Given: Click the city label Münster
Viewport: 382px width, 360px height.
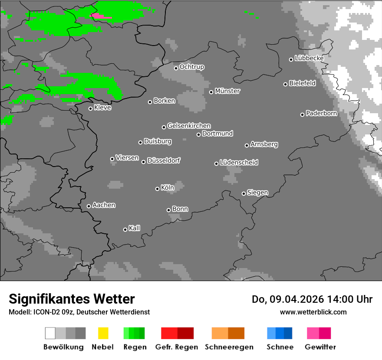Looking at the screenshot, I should point(227,91).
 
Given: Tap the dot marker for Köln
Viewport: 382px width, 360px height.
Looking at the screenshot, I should point(157,189).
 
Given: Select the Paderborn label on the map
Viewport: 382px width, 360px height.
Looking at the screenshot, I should point(322,114).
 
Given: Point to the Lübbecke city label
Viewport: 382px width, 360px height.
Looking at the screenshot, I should point(310,58).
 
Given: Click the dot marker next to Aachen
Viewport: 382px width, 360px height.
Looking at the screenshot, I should point(89,206).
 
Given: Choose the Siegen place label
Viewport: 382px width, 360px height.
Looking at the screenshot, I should point(257,193).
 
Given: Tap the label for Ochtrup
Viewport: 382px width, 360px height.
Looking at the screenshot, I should point(192,67).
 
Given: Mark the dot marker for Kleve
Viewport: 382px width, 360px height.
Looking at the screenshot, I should point(90,108).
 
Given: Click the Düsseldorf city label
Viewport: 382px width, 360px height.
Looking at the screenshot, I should point(164,160).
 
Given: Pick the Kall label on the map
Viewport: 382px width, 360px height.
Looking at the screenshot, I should point(135,228).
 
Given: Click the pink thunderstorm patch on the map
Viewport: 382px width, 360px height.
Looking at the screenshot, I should point(99,16).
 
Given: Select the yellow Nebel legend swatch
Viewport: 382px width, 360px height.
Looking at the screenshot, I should point(103,333).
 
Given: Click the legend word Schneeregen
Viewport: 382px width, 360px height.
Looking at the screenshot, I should point(229,347).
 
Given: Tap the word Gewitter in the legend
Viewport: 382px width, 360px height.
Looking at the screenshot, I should point(320,347).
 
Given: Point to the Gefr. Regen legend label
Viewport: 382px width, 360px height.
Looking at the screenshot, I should point(177,347).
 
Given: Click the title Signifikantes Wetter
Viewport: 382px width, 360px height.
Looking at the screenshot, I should point(72,299).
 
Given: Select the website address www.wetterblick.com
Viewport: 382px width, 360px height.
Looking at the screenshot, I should point(313,312).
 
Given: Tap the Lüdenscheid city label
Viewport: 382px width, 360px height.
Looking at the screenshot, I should point(239,163).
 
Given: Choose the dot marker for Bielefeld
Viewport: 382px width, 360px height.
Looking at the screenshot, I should point(286,84).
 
